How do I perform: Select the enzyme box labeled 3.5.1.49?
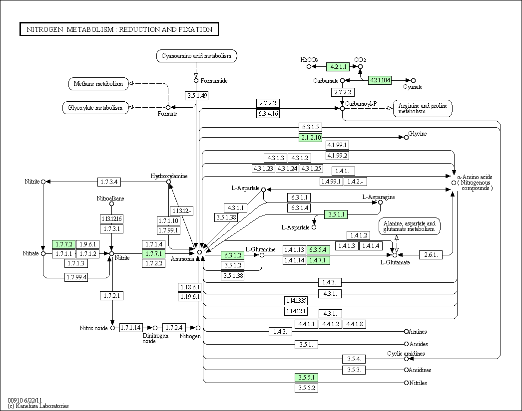point(197,96)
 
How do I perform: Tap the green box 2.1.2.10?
point(311,137)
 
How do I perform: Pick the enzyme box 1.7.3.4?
point(109,182)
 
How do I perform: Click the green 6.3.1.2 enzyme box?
point(232,255)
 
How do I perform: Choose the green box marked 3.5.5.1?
point(306,378)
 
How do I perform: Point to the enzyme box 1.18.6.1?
point(190,287)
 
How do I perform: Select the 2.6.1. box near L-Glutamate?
point(431,255)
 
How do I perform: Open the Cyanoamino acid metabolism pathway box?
point(196,56)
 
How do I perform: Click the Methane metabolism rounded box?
point(98,84)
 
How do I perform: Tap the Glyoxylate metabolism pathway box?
point(95,108)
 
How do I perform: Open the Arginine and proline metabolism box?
point(423,108)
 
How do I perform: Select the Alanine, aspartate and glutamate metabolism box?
point(409,226)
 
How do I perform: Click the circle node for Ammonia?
point(199,252)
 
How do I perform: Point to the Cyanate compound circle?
point(413,80)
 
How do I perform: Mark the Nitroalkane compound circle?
point(111,204)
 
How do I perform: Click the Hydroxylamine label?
point(169,176)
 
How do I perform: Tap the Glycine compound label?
point(418,134)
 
